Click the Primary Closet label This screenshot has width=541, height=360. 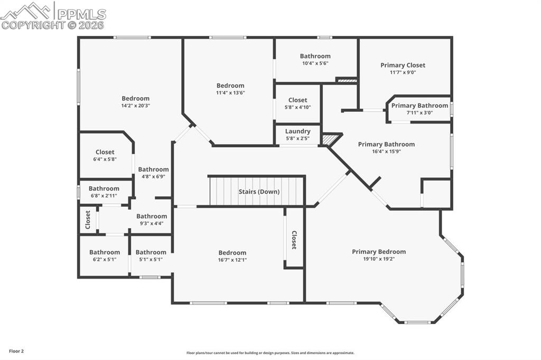pyautogui.click(x=403, y=65)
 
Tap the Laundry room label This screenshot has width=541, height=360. pyautogui.click(x=297, y=131)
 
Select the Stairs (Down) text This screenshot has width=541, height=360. pyautogui.click(x=259, y=192)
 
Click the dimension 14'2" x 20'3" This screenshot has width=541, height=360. pyautogui.click(x=135, y=105)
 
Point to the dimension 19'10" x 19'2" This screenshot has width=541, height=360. pyautogui.click(x=379, y=259)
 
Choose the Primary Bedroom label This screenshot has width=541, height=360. pyautogui.click(x=379, y=252)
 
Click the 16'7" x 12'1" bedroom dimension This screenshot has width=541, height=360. pyautogui.click(x=232, y=260)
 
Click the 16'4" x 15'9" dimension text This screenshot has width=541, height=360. pyautogui.click(x=386, y=151)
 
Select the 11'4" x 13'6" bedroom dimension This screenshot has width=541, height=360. pyautogui.click(x=230, y=92)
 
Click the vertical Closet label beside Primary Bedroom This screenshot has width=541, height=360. pyautogui.click(x=294, y=240)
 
